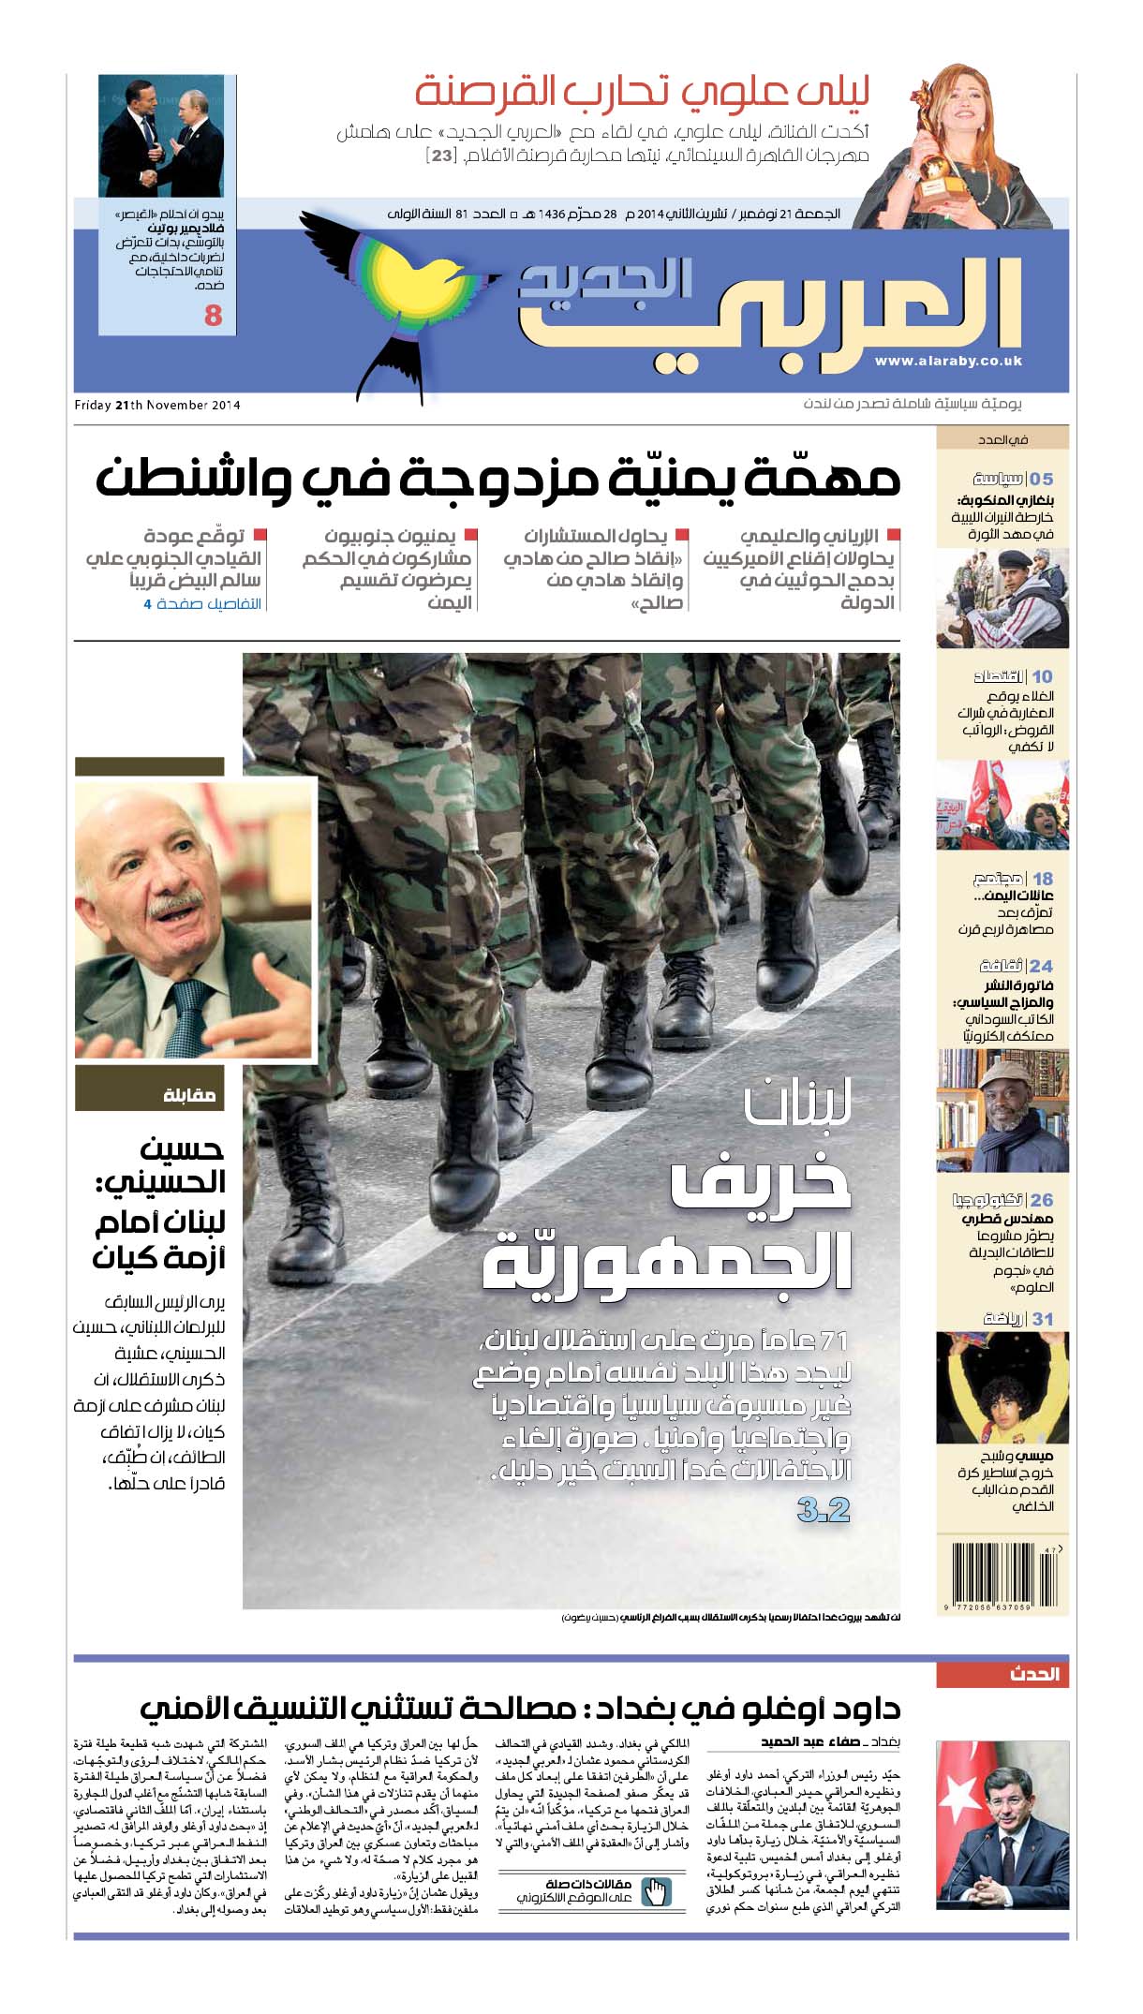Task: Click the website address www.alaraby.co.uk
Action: point(948,361)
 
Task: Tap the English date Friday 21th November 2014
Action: point(157,405)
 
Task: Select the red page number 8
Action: point(214,316)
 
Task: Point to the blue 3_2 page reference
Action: point(824,1510)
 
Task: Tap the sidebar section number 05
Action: point(1042,479)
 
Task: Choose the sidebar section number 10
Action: point(1042,676)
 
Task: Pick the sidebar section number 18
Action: point(1042,879)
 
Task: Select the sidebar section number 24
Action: point(1041,966)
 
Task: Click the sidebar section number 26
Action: point(1042,1200)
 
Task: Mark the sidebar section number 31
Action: point(1042,1319)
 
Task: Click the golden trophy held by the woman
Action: point(933,159)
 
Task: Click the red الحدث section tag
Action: point(1034,1674)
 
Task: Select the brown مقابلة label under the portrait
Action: point(189,1094)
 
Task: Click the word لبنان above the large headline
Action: point(797,1105)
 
